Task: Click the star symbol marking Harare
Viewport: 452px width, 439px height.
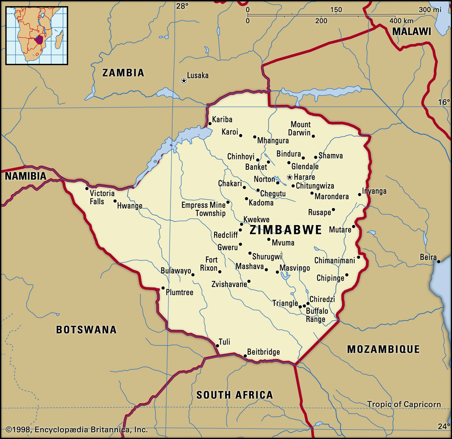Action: point(290,177)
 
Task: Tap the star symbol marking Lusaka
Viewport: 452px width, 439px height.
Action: point(184,81)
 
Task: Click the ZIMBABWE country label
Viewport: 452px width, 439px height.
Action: point(286,230)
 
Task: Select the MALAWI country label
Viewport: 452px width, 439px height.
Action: point(412,31)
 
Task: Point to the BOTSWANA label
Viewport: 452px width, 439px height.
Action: point(86,330)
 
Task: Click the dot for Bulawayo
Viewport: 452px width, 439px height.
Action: point(193,275)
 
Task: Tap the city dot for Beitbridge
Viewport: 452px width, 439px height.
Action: point(245,356)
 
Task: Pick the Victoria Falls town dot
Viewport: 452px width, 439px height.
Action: point(87,188)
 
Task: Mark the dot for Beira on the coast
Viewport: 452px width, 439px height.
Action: point(439,262)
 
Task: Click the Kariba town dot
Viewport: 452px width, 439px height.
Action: point(210,124)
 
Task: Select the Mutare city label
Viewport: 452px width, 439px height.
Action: point(340,230)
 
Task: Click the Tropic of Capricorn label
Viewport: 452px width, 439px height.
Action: point(404,404)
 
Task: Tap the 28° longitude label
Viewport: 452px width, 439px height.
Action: point(182,6)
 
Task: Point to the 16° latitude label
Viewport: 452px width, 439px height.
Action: point(444,102)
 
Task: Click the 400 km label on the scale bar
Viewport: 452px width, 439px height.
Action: point(401,21)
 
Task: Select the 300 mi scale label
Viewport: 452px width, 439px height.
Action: point(430,10)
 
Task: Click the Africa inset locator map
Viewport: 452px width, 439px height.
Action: point(37,36)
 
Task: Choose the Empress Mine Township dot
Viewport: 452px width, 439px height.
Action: point(228,202)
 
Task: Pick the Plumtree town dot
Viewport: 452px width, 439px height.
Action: point(163,288)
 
